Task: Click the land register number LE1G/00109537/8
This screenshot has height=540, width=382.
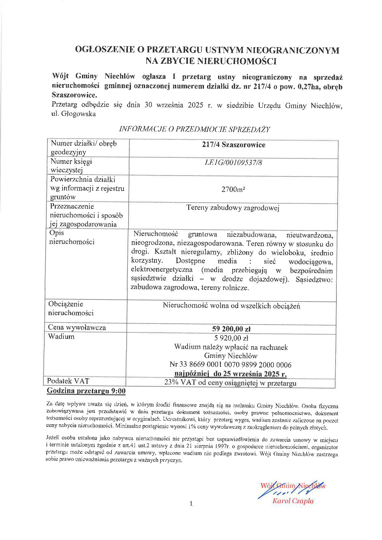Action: [233, 162]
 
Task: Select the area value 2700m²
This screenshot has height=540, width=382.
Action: [233, 189]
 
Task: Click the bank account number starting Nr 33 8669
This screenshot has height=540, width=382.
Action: [230, 365]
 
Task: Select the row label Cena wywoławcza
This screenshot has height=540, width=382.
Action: [77, 327]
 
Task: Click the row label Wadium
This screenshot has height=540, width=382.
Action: [61, 336]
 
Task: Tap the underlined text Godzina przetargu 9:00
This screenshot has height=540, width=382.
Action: [86, 391]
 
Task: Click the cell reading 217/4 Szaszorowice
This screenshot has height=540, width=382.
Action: [234, 145]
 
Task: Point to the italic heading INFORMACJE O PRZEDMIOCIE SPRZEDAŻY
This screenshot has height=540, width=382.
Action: [194, 129]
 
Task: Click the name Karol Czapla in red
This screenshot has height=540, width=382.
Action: [293, 501]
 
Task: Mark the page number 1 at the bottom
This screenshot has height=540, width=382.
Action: [191, 504]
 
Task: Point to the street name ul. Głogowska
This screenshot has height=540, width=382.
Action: [74, 114]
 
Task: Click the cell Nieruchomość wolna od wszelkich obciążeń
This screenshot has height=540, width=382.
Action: [231, 306]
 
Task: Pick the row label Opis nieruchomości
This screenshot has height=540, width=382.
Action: [71, 237]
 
